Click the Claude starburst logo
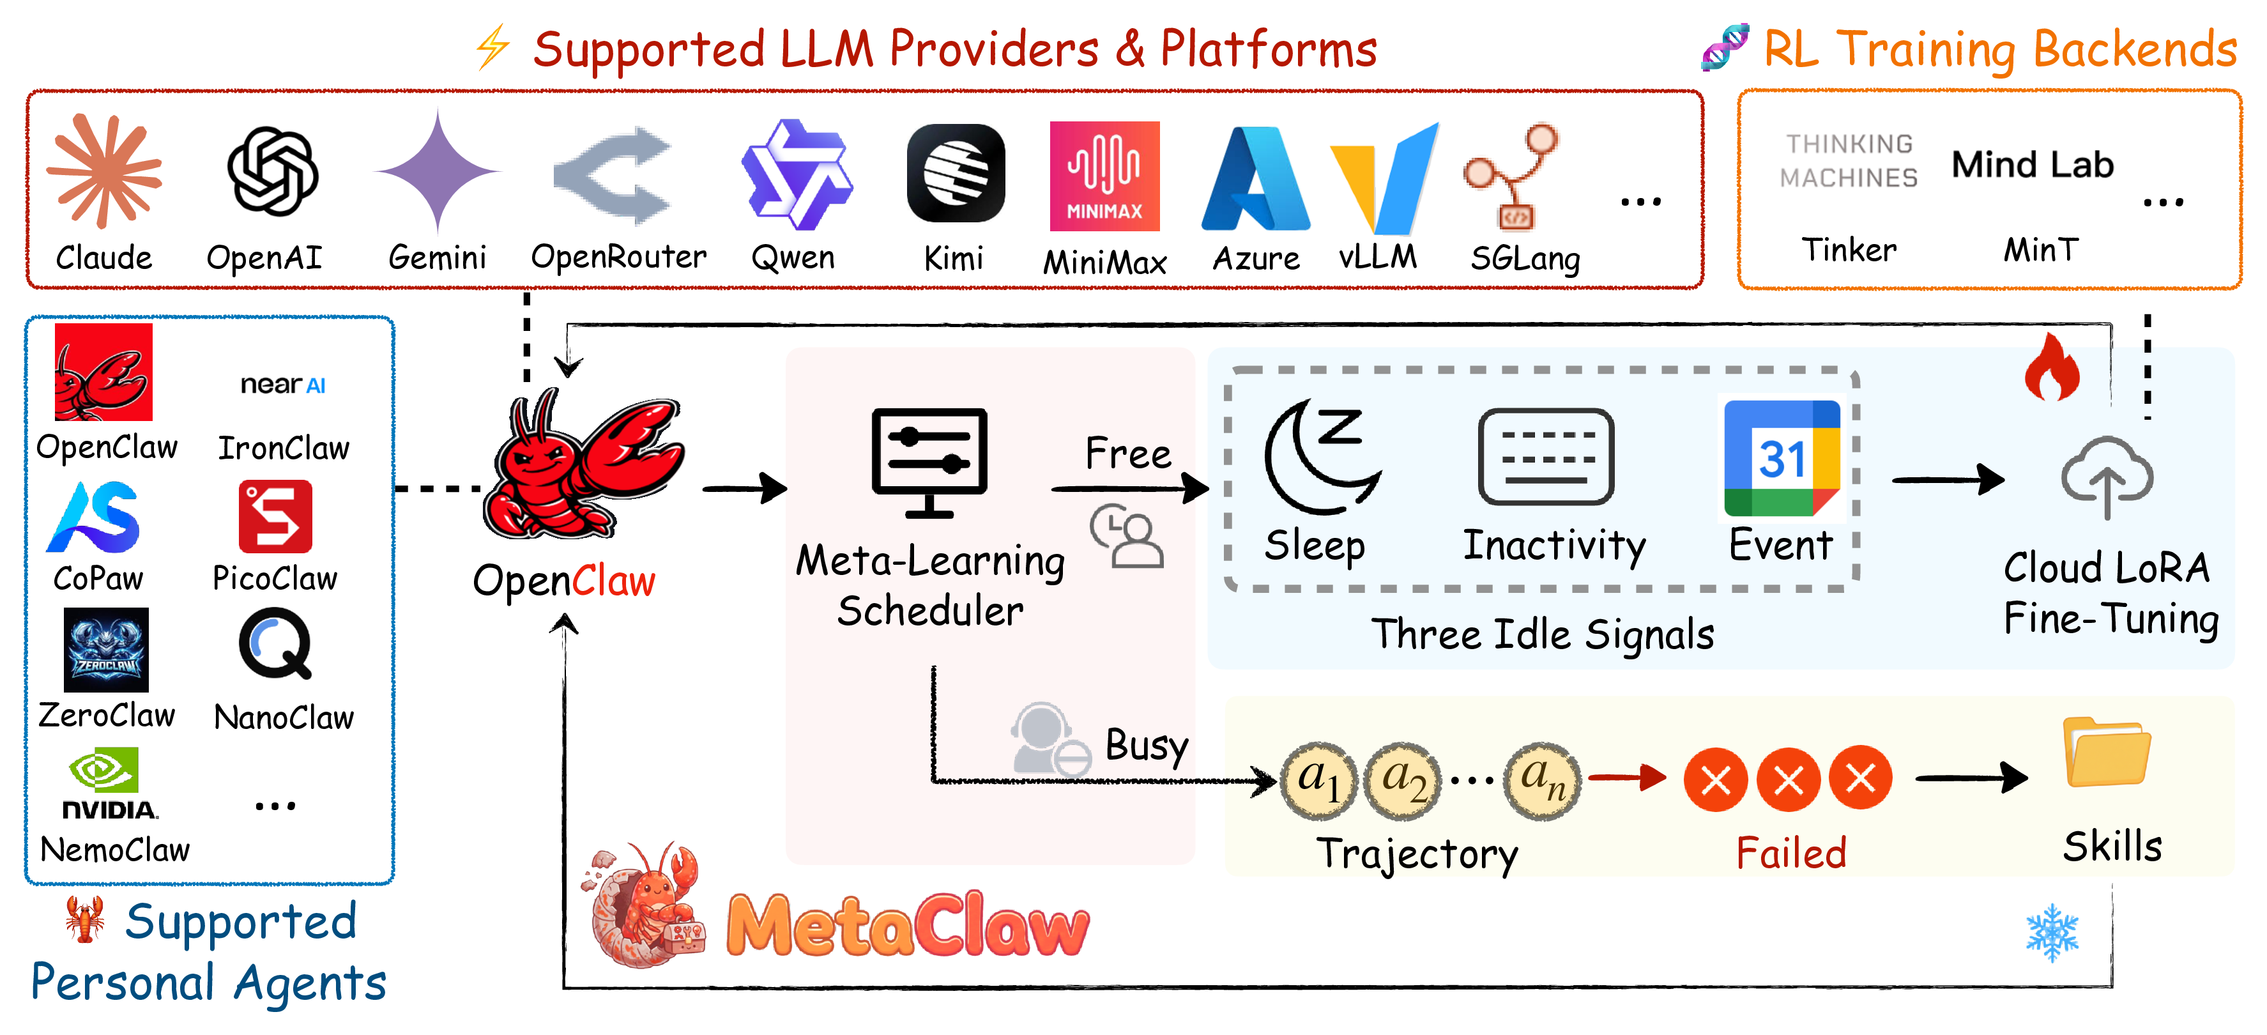click(x=104, y=171)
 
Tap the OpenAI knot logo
click(x=273, y=172)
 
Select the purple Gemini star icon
click(x=438, y=172)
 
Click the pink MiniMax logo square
click(x=1104, y=176)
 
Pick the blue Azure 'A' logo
click(x=1256, y=179)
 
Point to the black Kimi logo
click(x=956, y=173)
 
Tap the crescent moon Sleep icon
click(x=1320, y=456)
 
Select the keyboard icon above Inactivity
click(x=1546, y=457)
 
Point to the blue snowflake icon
click(x=2052, y=933)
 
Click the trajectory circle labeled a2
click(x=1403, y=780)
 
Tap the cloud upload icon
click(x=2107, y=476)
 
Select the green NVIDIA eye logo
click(x=105, y=770)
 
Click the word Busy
click(x=1147, y=746)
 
